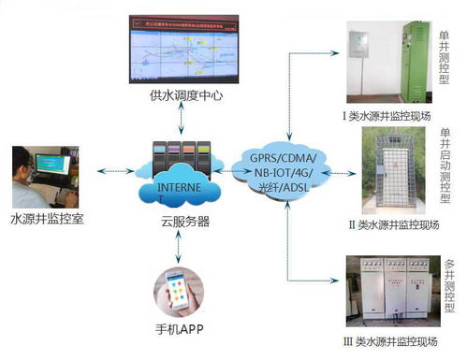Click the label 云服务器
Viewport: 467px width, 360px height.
click(x=178, y=223)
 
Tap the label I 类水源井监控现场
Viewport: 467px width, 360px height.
click(x=387, y=116)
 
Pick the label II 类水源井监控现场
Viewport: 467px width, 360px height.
click(x=387, y=225)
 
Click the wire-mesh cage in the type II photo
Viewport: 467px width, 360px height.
click(x=393, y=177)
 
